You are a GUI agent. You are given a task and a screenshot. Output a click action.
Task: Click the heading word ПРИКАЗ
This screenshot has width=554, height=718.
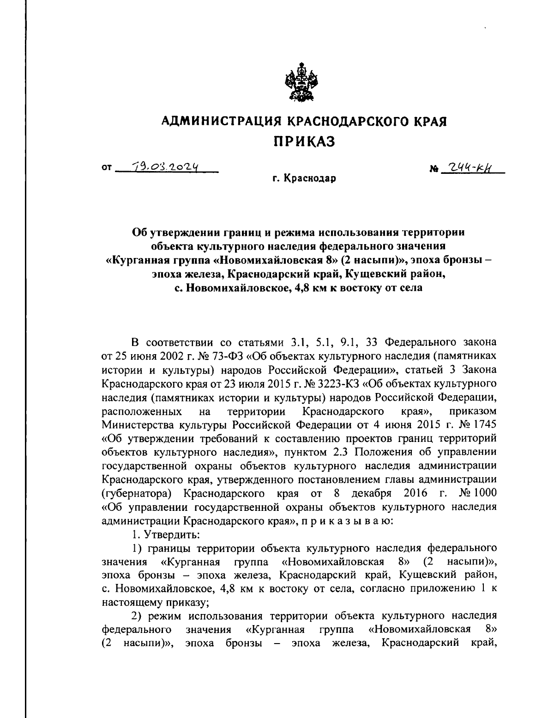pyautogui.click(x=305, y=141)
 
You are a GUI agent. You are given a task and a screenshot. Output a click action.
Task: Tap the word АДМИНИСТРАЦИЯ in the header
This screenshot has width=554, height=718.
pyautogui.click(x=221, y=122)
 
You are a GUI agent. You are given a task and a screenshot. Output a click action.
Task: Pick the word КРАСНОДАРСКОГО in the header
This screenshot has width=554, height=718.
pyautogui.click(x=348, y=122)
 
